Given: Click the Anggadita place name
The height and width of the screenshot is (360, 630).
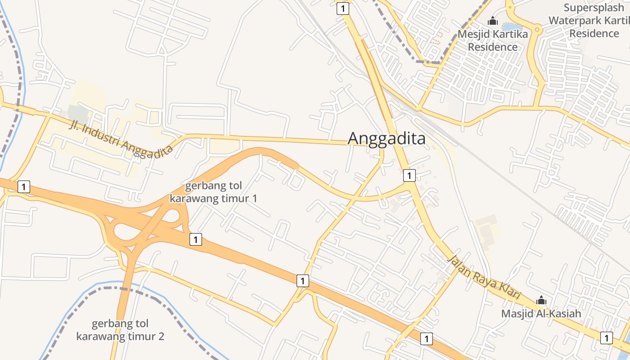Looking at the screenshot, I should click(387, 139).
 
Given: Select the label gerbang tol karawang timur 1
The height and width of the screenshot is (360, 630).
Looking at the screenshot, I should click(214, 192).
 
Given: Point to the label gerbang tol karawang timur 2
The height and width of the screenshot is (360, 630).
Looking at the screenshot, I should click(120, 330).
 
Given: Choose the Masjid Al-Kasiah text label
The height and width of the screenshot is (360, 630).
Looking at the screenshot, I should click(541, 314).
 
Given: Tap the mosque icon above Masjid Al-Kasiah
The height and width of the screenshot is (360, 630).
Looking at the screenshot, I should click(541, 300).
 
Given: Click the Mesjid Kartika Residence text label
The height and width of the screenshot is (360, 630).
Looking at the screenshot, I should click(493, 40).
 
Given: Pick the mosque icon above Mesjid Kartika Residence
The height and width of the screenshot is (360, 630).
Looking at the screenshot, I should click(493, 21).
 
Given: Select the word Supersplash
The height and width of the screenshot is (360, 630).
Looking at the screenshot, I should click(594, 8).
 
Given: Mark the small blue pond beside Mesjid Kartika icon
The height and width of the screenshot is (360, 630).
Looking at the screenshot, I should click(512, 27).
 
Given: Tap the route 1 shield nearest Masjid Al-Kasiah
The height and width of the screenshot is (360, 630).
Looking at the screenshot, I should click(607, 337).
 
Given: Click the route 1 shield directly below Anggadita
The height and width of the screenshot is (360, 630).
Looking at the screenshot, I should click(409, 175).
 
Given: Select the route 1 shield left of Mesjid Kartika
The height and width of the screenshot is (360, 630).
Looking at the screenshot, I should click(343, 9).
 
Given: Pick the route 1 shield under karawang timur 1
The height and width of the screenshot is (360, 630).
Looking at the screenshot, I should click(195, 239).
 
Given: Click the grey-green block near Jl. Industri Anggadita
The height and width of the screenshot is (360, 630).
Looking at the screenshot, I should click(78, 114).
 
